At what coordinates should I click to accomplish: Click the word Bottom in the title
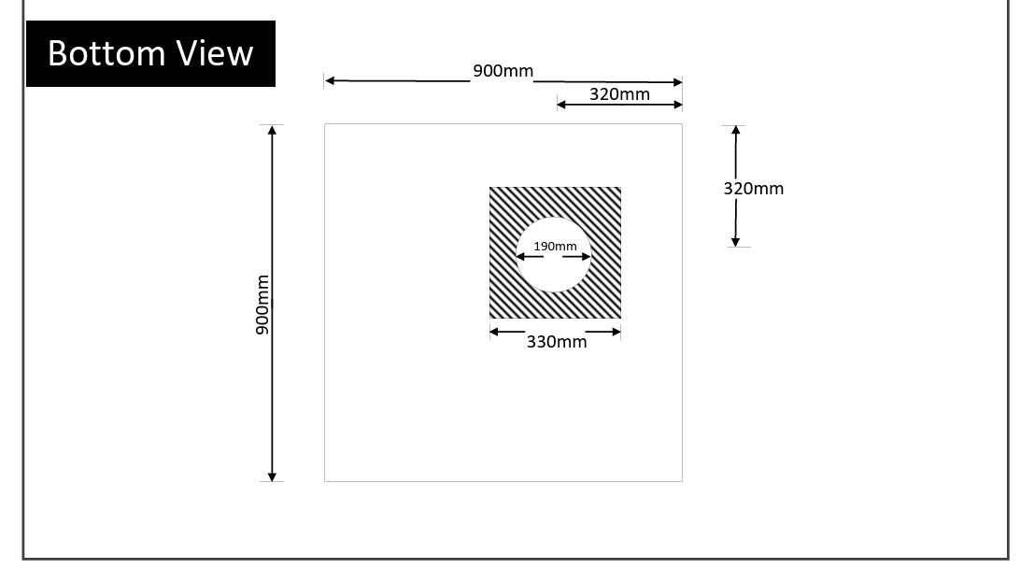[x=106, y=53]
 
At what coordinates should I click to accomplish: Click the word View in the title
[x=217, y=53]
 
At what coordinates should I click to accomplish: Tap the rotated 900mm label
[x=262, y=305]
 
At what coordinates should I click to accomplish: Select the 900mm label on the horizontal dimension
[x=503, y=71]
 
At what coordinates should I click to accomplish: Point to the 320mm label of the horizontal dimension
[x=619, y=94]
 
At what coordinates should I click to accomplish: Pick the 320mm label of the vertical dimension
[x=753, y=189]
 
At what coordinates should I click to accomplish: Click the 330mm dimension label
[x=557, y=342]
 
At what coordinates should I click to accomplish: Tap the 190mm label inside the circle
[x=555, y=247]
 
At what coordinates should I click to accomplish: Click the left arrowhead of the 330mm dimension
[x=495, y=332]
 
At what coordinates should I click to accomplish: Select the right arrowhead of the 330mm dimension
[x=616, y=332]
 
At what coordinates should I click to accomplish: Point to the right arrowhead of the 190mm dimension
[x=586, y=256]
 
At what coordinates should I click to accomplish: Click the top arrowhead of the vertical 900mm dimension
[x=272, y=130]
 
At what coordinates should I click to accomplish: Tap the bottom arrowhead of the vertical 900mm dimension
[x=272, y=476]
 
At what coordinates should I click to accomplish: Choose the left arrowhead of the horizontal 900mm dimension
[x=331, y=81]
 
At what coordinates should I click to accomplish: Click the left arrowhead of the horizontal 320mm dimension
[x=562, y=105]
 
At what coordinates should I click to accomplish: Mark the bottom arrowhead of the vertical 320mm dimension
[x=735, y=242]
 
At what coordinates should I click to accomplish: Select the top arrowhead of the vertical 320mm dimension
[x=736, y=131]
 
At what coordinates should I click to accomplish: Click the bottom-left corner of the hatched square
[x=490, y=318]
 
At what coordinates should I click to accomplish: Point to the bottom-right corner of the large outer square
[x=682, y=481]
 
